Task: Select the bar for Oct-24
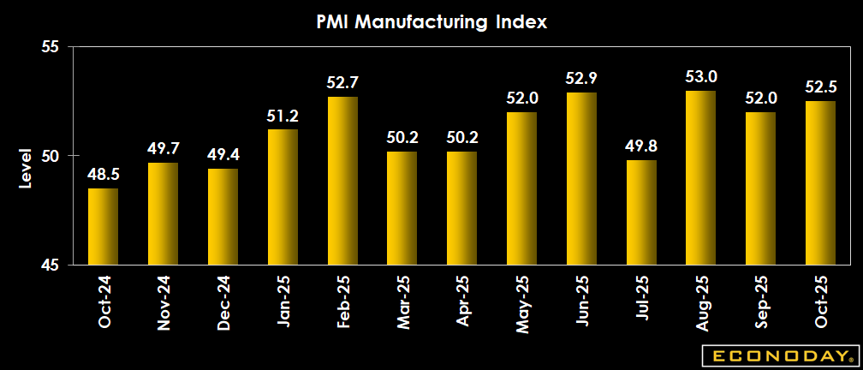(x=103, y=226)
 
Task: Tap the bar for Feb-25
(x=342, y=181)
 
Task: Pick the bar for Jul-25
(x=641, y=212)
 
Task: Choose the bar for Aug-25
(x=700, y=177)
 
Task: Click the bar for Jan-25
(x=283, y=197)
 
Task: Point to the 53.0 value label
(x=700, y=77)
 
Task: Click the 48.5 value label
(x=103, y=175)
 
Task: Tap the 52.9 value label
(x=581, y=79)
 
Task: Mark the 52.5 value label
(x=820, y=87)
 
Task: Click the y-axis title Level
(x=25, y=169)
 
